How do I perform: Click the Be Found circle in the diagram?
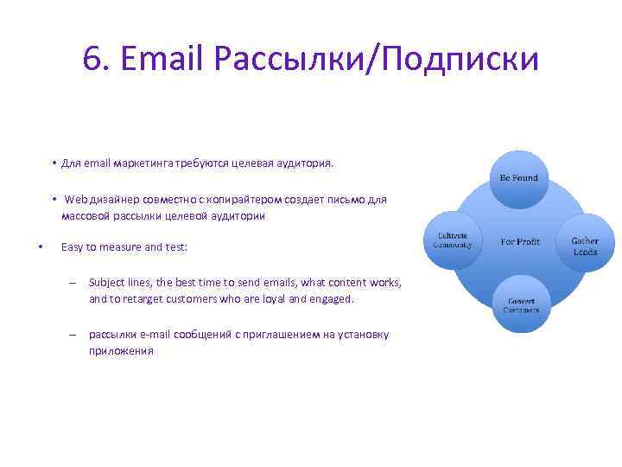518,178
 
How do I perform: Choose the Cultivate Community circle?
453,240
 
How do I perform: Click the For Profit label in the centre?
520,241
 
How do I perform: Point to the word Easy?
73,247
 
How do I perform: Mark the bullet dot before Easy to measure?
41,247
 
